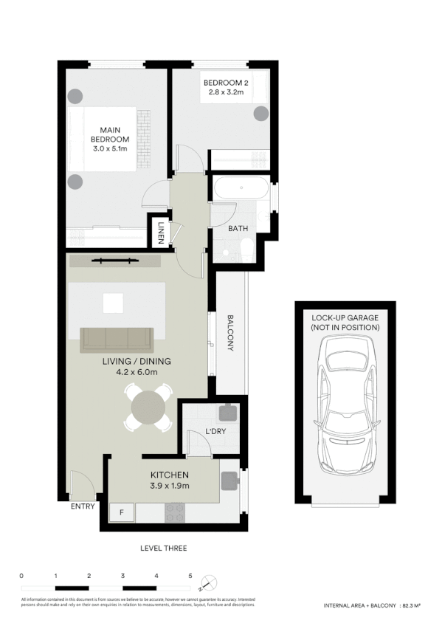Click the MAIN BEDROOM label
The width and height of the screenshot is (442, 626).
[x=110, y=140]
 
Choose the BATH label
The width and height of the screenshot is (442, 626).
[x=238, y=229]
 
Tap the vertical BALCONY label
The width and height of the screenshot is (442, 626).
[x=230, y=333]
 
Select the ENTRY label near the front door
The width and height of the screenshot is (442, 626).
[x=82, y=507]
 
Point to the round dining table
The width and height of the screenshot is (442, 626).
[x=148, y=407]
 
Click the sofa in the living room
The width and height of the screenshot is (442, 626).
[x=117, y=339]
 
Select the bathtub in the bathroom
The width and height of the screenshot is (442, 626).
[x=241, y=188]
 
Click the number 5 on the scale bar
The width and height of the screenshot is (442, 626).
[x=190, y=575]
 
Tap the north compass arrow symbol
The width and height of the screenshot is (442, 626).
[x=211, y=579]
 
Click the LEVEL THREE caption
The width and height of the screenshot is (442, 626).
[x=163, y=548]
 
